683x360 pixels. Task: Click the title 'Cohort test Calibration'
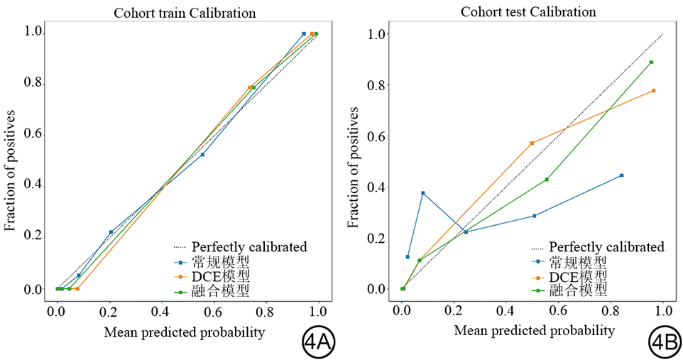(528, 12)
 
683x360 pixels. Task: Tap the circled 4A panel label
(317, 342)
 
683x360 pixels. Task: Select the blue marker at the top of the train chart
(304, 33)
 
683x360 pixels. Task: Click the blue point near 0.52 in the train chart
(202, 154)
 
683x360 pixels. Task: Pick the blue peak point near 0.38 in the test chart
(423, 193)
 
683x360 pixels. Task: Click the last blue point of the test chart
(621, 175)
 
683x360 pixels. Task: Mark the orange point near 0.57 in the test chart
(532, 143)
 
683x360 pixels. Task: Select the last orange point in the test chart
(653, 90)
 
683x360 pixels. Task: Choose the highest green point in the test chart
(651, 62)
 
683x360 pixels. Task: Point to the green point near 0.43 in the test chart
(547, 179)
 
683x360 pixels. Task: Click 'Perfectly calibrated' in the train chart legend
(249, 247)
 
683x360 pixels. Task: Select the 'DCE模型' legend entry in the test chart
(578, 276)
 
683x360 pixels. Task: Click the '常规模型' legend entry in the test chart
(578, 261)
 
